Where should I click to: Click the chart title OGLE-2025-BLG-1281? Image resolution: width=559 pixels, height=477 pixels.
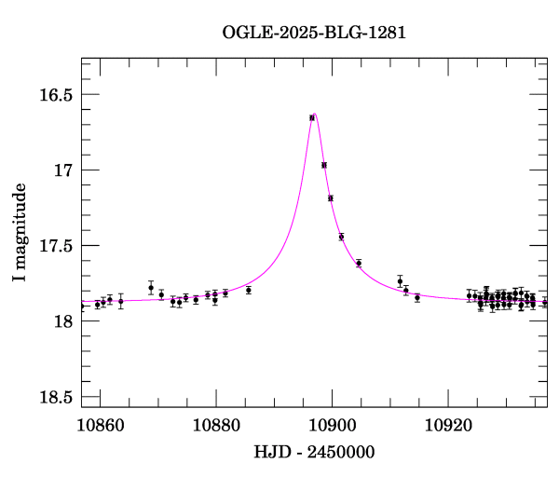click(x=314, y=33)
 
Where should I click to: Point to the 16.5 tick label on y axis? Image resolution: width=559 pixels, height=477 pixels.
click(x=56, y=95)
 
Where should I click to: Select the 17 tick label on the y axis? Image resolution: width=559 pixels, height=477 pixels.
click(x=64, y=170)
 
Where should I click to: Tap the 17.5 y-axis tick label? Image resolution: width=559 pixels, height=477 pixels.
click(x=56, y=246)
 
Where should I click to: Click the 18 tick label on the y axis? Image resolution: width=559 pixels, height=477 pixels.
click(x=64, y=321)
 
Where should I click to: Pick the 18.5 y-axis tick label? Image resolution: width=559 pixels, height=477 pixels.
click(x=56, y=397)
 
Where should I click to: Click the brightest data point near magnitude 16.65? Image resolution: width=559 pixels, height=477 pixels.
click(x=312, y=117)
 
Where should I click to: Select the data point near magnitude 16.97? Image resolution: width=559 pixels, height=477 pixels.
click(x=324, y=165)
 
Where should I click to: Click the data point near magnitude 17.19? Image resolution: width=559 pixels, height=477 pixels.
click(x=331, y=198)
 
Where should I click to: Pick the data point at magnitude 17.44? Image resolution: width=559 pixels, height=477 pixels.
click(x=341, y=237)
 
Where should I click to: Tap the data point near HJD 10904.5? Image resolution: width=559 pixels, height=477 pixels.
click(x=359, y=264)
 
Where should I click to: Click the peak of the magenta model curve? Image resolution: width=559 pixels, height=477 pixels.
click(x=315, y=114)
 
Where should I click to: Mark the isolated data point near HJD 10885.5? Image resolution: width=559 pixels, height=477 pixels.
click(x=249, y=291)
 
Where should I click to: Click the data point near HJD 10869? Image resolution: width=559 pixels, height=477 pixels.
click(x=151, y=288)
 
